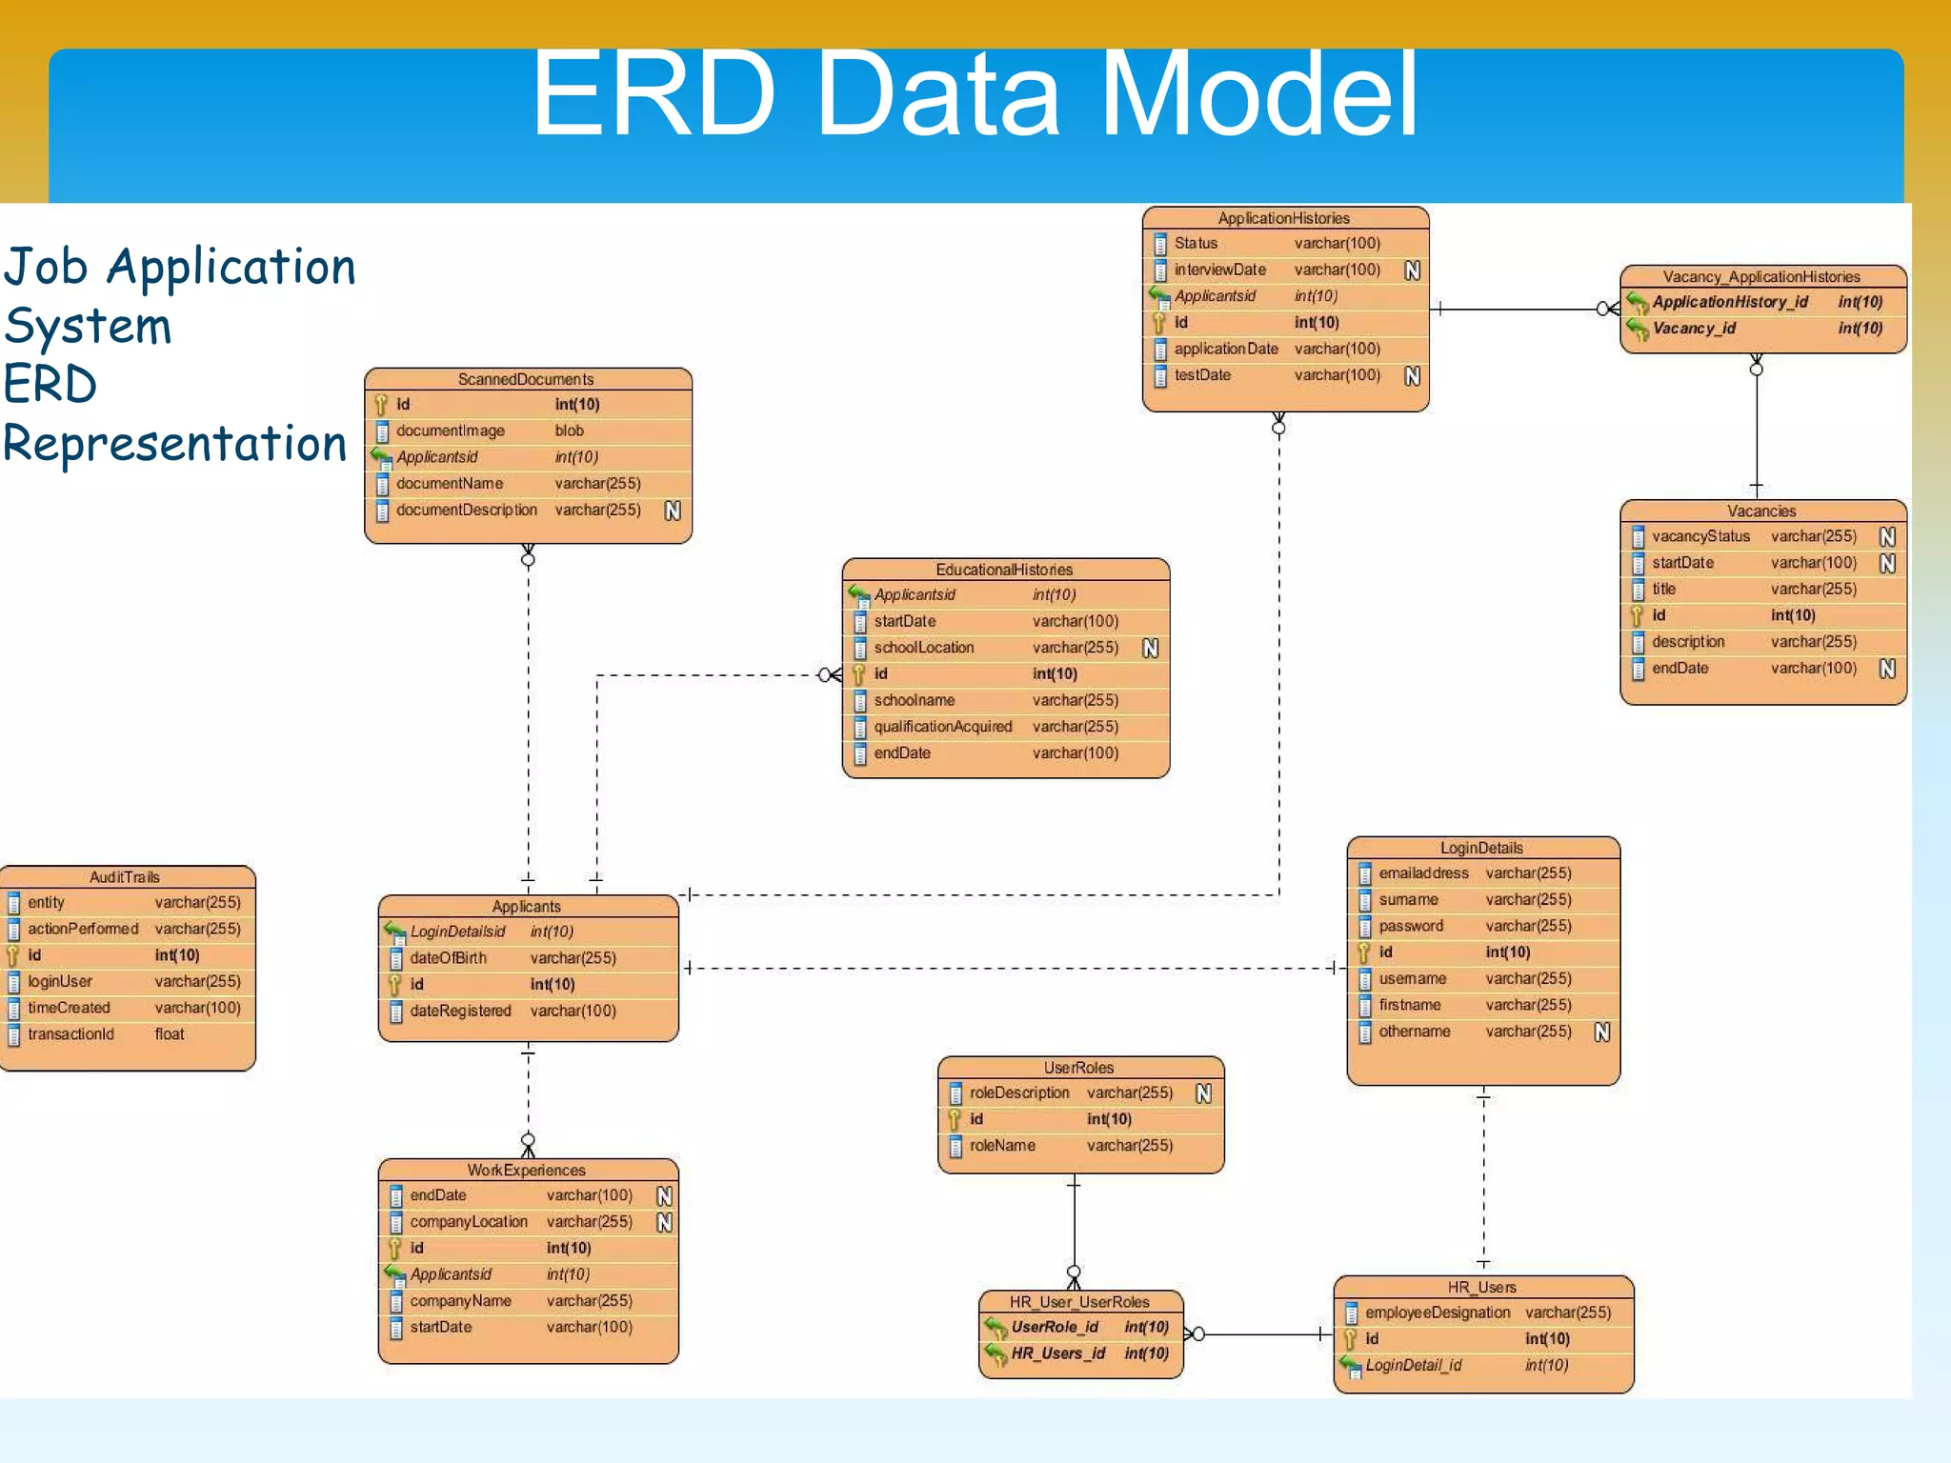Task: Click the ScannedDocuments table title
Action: click(525, 379)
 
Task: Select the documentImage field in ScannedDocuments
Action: click(450, 431)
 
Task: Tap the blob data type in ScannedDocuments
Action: click(569, 431)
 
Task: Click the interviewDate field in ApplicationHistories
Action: click(1219, 270)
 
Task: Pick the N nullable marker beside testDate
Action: click(1412, 376)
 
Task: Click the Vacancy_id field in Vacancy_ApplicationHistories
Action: click(1694, 329)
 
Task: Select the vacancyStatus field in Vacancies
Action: click(1700, 536)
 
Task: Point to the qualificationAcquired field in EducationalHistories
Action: click(942, 727)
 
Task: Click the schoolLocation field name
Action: click(923, 648)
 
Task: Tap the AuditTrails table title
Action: click(125, 877)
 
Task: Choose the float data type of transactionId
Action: click(170, 1034)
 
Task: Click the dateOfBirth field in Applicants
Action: click(448, 958)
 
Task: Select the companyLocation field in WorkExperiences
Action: click(468, 1222)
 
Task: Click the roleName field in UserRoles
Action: click(1001, 1146)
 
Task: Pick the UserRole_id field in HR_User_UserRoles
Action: click(1054, 1327)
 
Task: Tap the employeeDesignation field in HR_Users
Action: click(1437, 1313)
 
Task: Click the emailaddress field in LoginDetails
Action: click(1423, 873)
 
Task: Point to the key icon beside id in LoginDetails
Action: click(1363, 952)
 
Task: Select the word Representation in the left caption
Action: click(175, 444)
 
